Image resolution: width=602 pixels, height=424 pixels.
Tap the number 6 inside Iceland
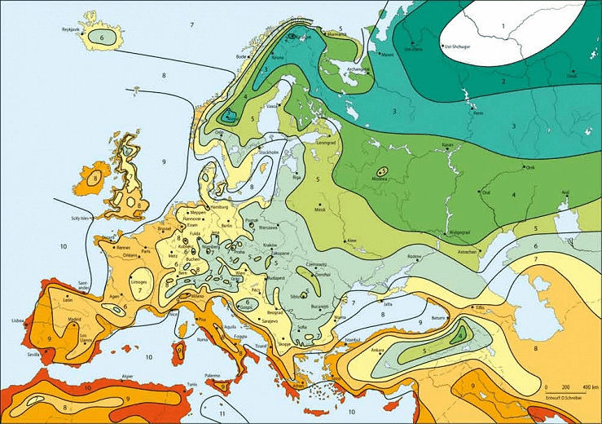click(x=103, y=38)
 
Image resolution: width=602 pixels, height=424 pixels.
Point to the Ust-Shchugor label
click(x=459, y=46)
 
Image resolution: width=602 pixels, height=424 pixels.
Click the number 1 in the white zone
click(x=503, y=27)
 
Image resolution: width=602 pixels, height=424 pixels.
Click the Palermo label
click(x=213, y=376)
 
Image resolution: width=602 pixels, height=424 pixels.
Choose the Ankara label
click(x=378, y=351)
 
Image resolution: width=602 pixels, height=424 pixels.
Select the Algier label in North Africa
click(x=127, y=376)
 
